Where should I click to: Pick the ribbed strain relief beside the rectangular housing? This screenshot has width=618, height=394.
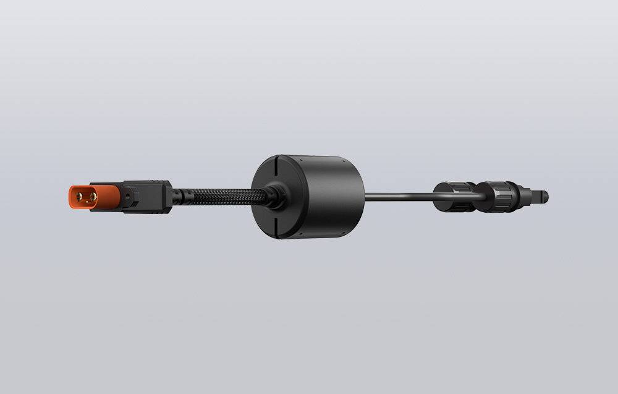[x=177, y=197]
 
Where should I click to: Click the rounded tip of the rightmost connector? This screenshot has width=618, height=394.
[x=544, y=197]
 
